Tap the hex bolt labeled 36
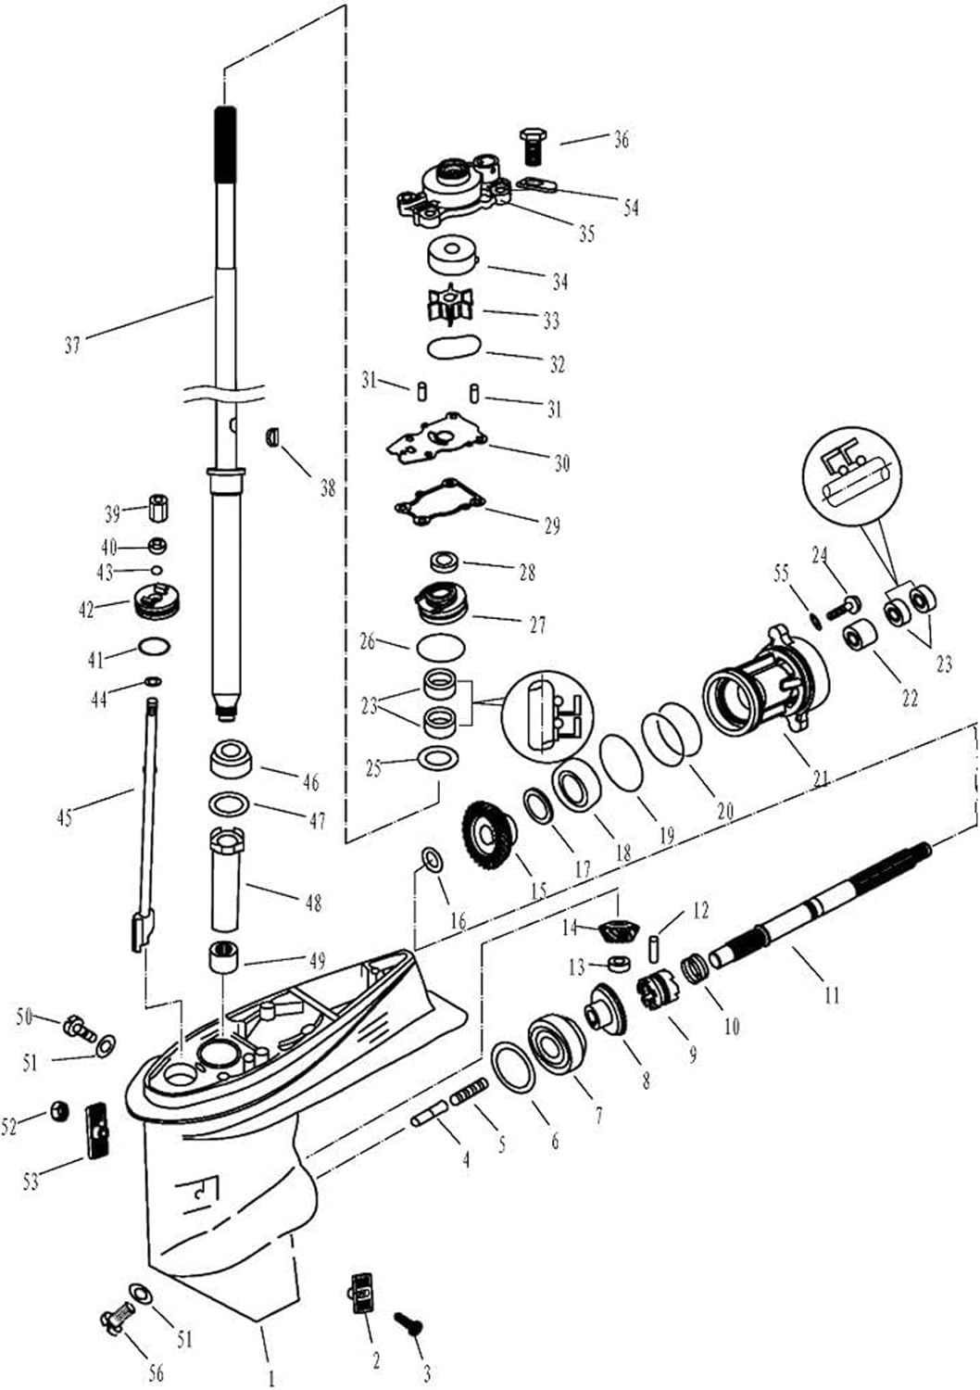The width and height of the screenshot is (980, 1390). point(531,146)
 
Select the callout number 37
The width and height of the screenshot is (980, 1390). point(72,345)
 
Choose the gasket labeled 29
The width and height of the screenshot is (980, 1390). point(440,501)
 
